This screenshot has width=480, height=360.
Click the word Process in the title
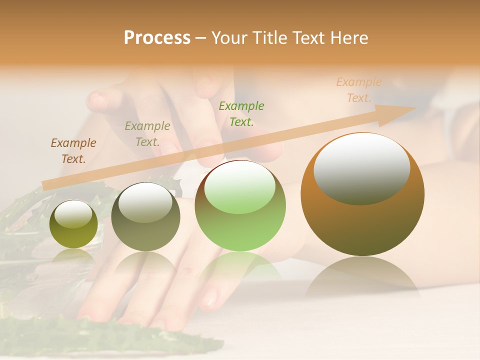[x=157, y=38]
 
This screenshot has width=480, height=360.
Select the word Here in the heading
[x=348, y=38]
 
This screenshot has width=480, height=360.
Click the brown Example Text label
[x=73, y=150]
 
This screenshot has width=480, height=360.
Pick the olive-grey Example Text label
[x=147, y=133]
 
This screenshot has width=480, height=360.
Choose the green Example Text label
[x=241, y=113]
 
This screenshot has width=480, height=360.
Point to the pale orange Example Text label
[x=358, y=90]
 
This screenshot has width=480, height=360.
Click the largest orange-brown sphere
[x=362, y=220]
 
